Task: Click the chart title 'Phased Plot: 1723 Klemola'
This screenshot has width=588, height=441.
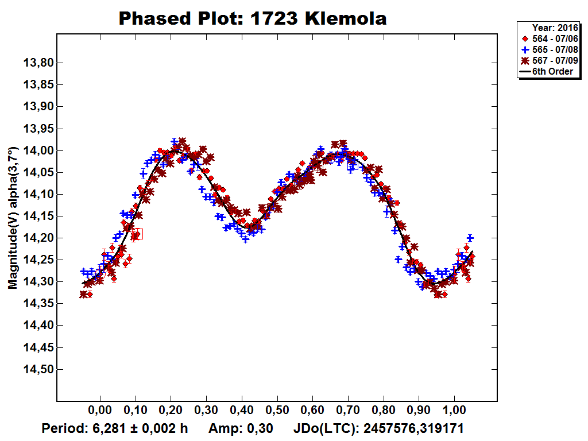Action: (253, 18)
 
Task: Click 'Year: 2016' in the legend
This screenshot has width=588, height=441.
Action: (552, 27)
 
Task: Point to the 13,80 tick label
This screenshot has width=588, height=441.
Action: (38, 63)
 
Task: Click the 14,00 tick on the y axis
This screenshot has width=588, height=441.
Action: (38, 150)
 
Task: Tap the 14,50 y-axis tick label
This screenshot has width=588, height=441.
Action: (38, 369)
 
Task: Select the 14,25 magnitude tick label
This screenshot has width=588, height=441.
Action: (38, 260)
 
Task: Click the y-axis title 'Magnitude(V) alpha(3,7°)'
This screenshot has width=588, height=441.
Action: (13, 217)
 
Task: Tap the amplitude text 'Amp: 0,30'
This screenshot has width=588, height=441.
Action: (240, 429)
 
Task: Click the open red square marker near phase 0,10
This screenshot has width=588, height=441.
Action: (137, 234)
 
